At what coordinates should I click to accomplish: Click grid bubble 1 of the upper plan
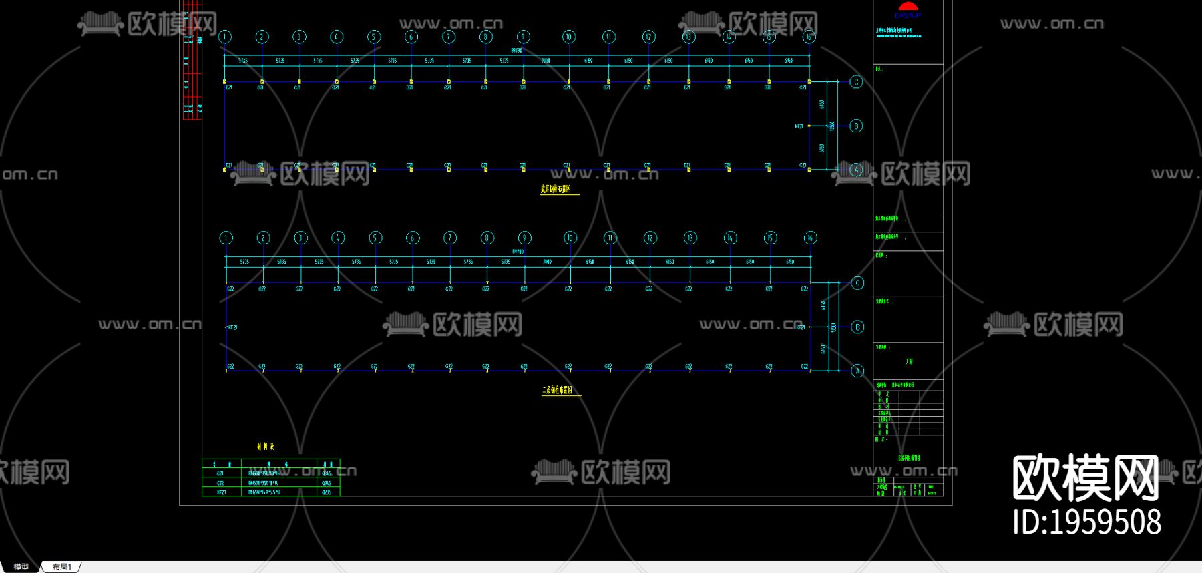(x=225, y=37)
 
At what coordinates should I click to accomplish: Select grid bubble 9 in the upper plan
(x=524, y=37)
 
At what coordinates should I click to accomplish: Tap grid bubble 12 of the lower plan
(x=650, y=238)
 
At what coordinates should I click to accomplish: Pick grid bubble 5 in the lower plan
(x=375, y=238)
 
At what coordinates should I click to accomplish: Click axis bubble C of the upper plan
(x=856, y=82)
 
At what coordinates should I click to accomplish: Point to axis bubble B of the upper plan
(x=856, y=126)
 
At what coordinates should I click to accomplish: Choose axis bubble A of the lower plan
(x=858, y=371)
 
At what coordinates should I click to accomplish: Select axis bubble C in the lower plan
(x=858, y=283)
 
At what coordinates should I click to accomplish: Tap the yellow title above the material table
(x=265, y=447)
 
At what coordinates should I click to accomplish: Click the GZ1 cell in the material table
(x=220, y=473)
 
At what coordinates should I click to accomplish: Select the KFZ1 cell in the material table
(x=221, y=492)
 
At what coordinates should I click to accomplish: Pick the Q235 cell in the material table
(x=327, y=492)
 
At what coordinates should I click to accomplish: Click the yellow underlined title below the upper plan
(x=556, y=190)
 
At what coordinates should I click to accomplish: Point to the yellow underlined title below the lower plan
(x=558, y=391)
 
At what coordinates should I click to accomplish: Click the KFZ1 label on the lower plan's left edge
(x=233, y=327)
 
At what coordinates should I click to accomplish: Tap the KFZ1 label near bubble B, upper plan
(x=799, y=126)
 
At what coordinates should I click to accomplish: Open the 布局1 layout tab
(x=61, y=567)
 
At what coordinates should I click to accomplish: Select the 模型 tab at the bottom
(x=21, y=567)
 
